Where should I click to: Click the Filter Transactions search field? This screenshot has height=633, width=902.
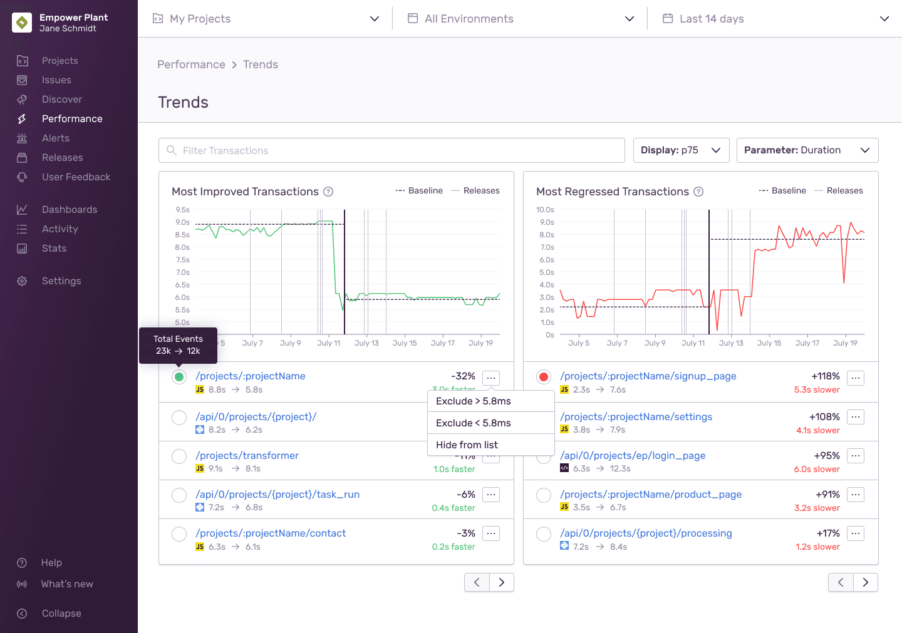pos(391,150)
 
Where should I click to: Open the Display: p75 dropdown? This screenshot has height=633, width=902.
pos(681,150)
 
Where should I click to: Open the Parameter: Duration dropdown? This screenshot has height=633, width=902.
pos(807,150)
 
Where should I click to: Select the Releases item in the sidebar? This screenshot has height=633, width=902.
pos(62,158)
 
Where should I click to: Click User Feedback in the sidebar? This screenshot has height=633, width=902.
pos(76,177)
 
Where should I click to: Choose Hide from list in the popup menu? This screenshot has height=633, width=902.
pos(467,445)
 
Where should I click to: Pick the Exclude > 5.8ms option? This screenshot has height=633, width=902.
pos(474,401)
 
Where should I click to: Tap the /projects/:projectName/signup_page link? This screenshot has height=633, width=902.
pos(648,376)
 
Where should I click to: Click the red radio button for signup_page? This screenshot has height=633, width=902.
pos(544,377)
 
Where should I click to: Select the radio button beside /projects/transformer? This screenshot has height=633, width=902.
pos(179,456)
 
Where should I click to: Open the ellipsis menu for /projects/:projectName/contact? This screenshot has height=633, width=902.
pos(491,533)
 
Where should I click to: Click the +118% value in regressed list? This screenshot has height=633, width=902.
pos(825,376)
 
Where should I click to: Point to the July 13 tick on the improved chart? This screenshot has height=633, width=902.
pos(366,343)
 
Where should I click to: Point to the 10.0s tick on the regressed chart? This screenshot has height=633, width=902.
pos(545,210)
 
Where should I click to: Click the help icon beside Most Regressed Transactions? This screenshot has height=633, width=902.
pos(698,192)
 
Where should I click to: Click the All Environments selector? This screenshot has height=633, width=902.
pos(521,19)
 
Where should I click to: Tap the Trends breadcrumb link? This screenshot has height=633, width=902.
pos(260,64)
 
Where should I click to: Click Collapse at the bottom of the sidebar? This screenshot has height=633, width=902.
pos(61,614)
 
